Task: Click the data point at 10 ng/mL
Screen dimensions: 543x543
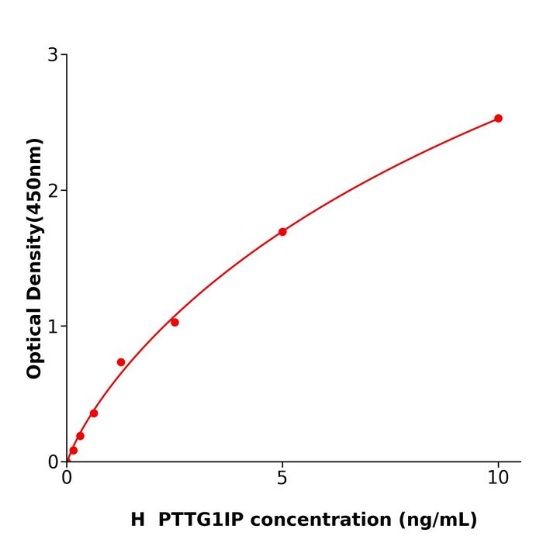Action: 498,119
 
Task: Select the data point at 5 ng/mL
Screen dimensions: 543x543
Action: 282,232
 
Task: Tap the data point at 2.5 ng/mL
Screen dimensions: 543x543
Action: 175,322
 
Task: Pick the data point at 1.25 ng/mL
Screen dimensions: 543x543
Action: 121,362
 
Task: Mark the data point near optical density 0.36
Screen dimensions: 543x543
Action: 94,413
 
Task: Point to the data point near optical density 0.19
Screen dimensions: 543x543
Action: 80,436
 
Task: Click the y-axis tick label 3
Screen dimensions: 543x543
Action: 53,55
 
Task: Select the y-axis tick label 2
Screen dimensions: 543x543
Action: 53,191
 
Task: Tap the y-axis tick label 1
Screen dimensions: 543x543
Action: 53,327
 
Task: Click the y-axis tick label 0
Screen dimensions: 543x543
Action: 53,462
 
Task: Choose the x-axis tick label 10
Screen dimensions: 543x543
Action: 498,479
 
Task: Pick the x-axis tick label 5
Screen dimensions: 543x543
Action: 282,479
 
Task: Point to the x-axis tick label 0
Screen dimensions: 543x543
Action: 67,479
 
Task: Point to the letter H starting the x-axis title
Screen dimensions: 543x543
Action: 138,520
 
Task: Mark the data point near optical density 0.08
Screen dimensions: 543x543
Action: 74,450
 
